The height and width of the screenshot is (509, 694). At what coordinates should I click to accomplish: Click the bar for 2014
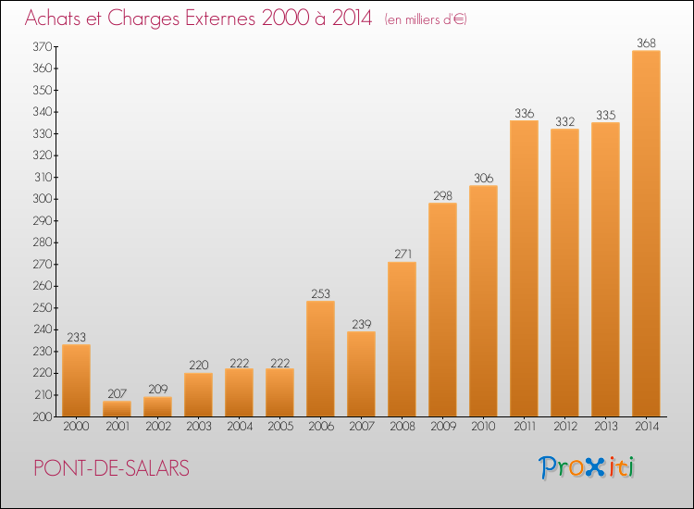click(646, 233)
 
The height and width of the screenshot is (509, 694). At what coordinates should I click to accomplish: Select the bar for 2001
click(117, 408)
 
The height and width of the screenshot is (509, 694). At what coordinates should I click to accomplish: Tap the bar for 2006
click(320, 358)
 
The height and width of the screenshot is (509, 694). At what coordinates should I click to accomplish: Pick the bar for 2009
click(442, 309)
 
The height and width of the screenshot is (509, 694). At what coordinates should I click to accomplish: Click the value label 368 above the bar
click(646, 43)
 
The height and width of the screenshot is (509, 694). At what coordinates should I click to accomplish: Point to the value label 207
click(117, 393)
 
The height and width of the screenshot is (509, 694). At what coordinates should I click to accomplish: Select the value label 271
click(403, 254)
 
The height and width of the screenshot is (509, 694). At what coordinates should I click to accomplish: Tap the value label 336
click(524, 113)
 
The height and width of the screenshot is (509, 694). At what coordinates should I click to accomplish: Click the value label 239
click(361, 325)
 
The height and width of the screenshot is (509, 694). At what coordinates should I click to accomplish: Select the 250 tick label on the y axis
click(43, 307)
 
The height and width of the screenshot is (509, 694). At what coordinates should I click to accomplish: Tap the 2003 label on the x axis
click(199, 427)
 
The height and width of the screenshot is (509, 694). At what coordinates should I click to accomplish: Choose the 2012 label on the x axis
click(565, 427)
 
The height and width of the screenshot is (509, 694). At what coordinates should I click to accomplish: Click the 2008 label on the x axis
click(403, 427)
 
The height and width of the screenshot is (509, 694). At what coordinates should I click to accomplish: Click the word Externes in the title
click(220, 19)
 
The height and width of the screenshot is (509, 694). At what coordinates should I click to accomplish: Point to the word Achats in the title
click(52, 19)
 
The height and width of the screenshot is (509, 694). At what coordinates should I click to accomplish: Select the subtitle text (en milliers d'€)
click(426, 20)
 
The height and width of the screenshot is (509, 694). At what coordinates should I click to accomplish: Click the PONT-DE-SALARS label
click(112, 468)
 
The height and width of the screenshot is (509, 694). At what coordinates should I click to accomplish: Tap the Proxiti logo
click(586, 467)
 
